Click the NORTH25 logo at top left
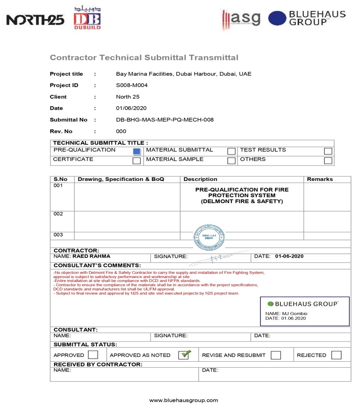[x=36, y=20]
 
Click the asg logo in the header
[x=241, y=18]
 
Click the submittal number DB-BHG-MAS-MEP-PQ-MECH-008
[x=165, y=120]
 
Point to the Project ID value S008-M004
[x=132, y=85]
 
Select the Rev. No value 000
[x=121, y=132]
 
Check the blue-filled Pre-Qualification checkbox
[x=137, y=151]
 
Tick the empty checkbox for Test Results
[x=328, y=151]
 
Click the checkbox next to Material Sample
[x=231, y=161]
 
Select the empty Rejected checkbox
[x=336, y=355]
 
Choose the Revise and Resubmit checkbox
[x=276, y=355]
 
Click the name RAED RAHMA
[x=91, y=256]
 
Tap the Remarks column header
[x=320, y=179]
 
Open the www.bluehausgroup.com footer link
[x=183, y=400]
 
